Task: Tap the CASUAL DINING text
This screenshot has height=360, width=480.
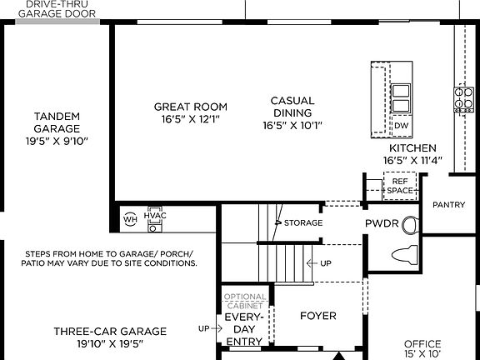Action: coord(292,107)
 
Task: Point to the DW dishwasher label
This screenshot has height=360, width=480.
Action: coord(402,126)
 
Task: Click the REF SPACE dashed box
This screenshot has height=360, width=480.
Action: coord(400,186)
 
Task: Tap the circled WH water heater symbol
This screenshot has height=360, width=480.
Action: coord(130,219)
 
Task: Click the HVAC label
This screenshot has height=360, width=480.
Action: coord(155,216)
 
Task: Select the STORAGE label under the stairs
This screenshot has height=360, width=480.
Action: coord(302,222)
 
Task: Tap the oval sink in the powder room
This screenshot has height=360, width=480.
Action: coord(408,225)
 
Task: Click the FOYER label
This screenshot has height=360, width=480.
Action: coord(317,316)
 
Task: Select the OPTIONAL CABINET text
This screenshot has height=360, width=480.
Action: coord(245,301)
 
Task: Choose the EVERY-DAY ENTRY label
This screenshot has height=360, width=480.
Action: coord(245,328)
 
